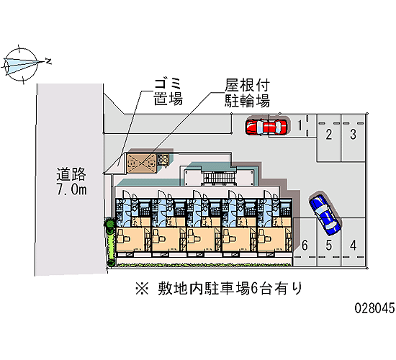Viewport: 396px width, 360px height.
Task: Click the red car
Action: point(266,127)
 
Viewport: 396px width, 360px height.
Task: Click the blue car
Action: point(325,214)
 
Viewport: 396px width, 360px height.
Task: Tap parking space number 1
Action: point(300,125)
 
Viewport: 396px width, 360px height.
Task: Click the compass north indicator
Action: point(48,61)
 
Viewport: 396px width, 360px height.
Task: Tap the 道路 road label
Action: point(71,174)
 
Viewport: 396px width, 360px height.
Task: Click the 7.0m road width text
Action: point(72,189)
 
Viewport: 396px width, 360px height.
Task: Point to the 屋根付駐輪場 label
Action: point(247,93)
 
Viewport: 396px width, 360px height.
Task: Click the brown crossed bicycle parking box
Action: point(141,163)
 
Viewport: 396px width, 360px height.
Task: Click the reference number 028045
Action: point(375,308)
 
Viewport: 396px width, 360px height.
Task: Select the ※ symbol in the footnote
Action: point(142,289)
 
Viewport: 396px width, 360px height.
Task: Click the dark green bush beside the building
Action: point(110,224)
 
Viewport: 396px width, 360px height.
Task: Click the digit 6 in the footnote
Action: point(254,289)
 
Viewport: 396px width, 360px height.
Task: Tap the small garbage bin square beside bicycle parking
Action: point(163,160)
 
